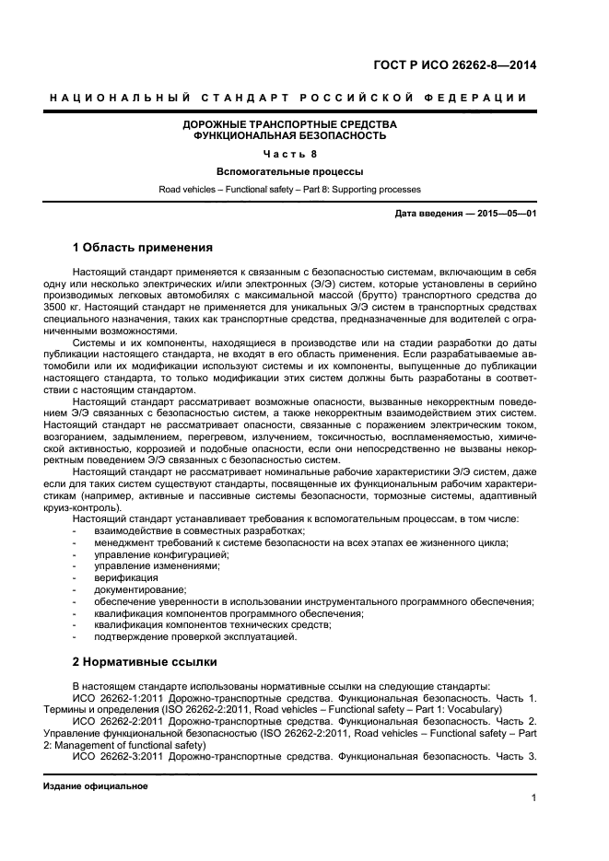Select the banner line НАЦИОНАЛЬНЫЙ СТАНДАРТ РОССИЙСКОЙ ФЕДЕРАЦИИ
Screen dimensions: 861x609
[x=289, y=98]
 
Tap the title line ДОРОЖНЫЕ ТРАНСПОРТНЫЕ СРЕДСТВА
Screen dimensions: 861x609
[x=289, y=123]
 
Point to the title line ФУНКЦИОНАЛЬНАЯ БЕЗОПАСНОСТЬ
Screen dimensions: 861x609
[x=289, y=135]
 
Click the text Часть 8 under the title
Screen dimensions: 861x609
[x=289, y=154]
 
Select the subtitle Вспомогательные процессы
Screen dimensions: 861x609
[x=289, y=171]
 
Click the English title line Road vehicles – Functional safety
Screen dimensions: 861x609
[x=289, y=189]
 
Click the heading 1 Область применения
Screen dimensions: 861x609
[x=143, y=248]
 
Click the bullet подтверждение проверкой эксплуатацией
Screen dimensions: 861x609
[x=195, y=636]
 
